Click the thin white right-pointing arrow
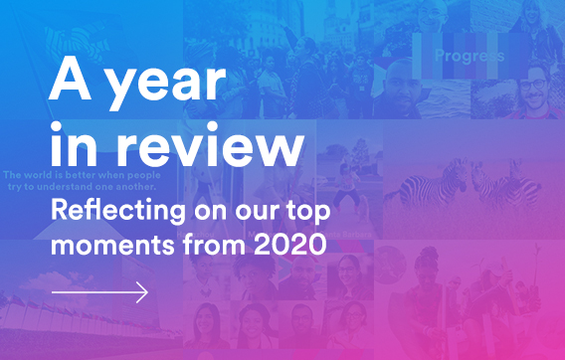tap(99, 292)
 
